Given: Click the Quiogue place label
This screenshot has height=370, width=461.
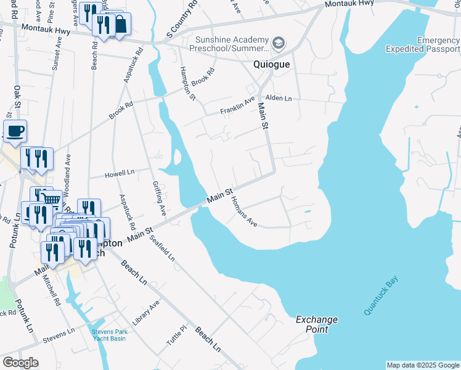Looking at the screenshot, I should click(272, 64).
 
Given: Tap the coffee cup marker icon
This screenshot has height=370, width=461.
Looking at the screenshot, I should click(15, 131).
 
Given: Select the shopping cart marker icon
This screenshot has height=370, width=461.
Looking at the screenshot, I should click(52, 199).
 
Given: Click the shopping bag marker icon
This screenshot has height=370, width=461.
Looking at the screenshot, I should click(120, 24).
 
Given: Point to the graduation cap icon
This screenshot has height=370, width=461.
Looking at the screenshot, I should click(279, 43).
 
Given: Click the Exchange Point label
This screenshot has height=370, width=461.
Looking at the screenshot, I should click(317, 324).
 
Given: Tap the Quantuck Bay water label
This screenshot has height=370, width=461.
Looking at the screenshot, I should click(381, 297).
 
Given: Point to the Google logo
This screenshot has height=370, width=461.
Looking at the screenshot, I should click(20, 362).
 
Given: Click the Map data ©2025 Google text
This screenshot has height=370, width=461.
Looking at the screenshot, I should click(422, 365).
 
